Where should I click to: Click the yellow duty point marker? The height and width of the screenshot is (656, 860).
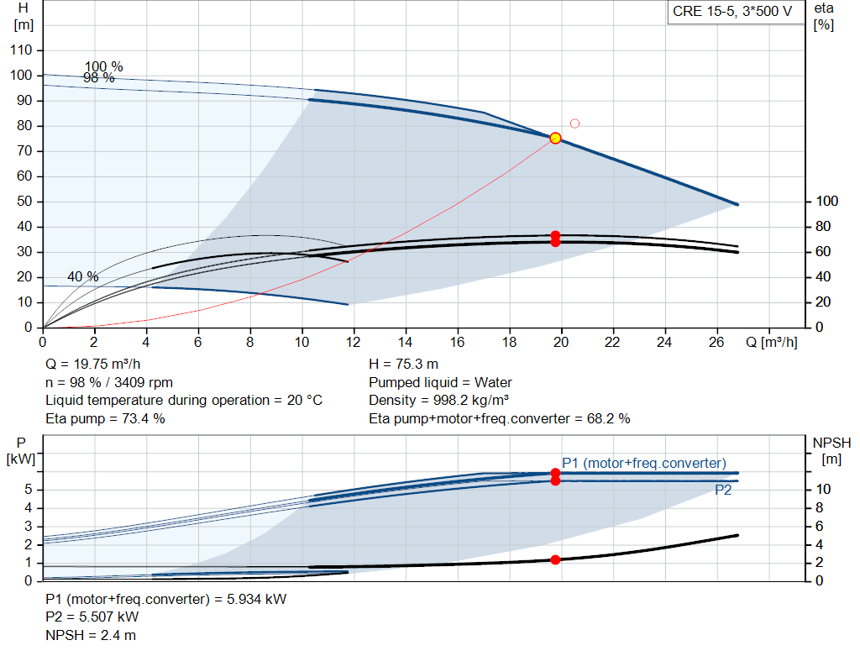[555, 138]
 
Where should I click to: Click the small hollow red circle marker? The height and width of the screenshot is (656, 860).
[574, 123]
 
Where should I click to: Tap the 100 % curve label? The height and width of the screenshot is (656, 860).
[103, 66]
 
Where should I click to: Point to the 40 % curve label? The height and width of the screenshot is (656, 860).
[82, 276]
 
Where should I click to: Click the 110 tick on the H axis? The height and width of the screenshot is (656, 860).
[22, 50]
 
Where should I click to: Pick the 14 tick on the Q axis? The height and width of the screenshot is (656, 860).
[406, 343]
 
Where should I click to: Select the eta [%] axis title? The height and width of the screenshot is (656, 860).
[824, 16]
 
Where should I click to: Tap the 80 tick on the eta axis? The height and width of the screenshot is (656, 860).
[823, 227]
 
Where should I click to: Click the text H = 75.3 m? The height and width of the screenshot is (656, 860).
[403, 365]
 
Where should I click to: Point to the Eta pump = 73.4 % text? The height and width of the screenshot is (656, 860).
[105, 418]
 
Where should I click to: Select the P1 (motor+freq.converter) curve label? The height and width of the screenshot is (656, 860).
[644, 463]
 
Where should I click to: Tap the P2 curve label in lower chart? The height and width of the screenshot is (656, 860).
[723, 491]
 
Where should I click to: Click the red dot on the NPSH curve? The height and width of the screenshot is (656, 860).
[555, 559]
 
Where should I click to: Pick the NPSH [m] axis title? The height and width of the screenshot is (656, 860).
[831, 449]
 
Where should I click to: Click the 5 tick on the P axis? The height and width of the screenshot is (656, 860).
[29, 490]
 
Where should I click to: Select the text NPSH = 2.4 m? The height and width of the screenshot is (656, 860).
[91, 635]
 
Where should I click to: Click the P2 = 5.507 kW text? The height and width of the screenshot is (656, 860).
[92, 617]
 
